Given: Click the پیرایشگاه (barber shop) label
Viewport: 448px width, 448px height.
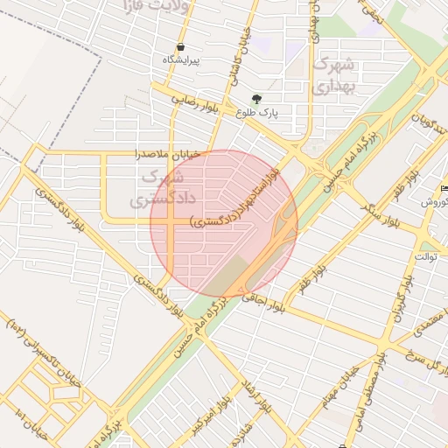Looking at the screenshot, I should pyautogui.click(x=181, y=59).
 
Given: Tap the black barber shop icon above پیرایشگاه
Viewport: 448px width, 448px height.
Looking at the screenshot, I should pyautogui.click(x=181, y=47).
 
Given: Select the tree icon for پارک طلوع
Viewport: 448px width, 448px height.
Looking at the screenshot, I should pyautogui.click(x=255, y=99).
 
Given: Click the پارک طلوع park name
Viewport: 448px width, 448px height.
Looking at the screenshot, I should pyautogui.click(x=257, y=113).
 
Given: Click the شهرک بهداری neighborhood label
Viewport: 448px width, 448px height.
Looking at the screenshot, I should pyautogui.click(x=333, y=74).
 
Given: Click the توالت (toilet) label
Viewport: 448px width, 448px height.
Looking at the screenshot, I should pyautogui.click(x=426, y=256).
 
